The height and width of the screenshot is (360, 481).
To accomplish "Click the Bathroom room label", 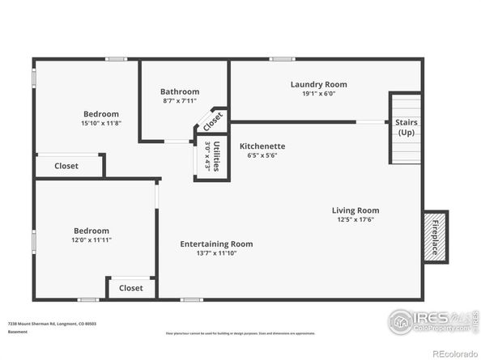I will tap(179, 92).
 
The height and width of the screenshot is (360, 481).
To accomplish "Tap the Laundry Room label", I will tap(318, 84).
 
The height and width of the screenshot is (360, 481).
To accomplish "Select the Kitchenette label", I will tap(262, 146).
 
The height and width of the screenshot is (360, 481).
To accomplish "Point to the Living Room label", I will tap(355, 210).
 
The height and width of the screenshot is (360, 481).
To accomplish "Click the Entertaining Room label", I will tap(216, 244).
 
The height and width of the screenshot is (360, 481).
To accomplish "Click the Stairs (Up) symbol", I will tap(406, 128).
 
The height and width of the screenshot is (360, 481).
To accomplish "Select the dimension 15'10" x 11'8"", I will tap(101, 123).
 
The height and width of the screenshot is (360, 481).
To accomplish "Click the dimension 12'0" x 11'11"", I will tap(91, 240).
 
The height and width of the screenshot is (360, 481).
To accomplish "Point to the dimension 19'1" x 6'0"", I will tap(318, 93).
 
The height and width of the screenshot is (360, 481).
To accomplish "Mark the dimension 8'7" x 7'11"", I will tap(179, 101).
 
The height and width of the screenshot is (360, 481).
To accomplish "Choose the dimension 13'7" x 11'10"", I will tap(216, 252).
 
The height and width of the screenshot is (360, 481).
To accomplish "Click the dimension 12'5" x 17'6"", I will tap(355, 219).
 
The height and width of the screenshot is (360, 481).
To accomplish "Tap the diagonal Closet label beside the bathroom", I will tap(212, 122).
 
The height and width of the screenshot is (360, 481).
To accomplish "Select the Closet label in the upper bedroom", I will tap(66, 166).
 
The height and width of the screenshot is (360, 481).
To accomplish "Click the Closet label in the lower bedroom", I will tap(130, 288).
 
